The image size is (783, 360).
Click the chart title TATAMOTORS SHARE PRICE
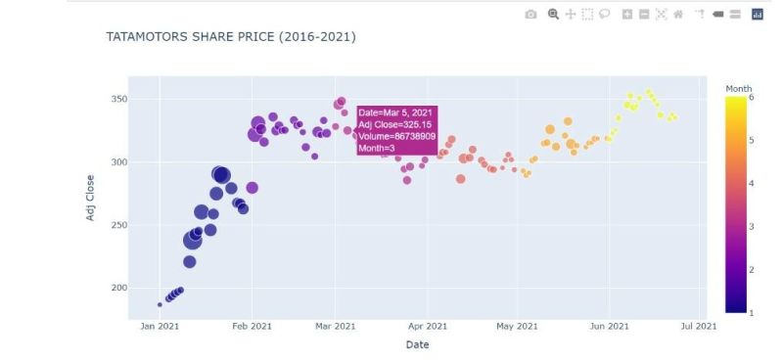click(230, 36)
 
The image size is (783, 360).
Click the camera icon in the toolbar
click(530, 15)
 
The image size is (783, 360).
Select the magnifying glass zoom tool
click(553, 15)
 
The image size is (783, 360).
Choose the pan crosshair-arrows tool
click(570, 15)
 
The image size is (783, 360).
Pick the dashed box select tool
click(585, 15)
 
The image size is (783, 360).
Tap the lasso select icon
click(602, 15)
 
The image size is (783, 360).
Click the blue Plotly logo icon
click(756, 15)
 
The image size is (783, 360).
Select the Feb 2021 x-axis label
click(252, 326)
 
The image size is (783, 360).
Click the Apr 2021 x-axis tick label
click(427, 326)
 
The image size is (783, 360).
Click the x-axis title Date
click(417, 344)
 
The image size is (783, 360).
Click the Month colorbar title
click(739, 89)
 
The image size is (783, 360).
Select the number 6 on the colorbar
click(752, 97)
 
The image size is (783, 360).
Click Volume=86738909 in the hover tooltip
click(396, 136)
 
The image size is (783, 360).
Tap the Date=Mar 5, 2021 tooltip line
click(394, 113)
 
